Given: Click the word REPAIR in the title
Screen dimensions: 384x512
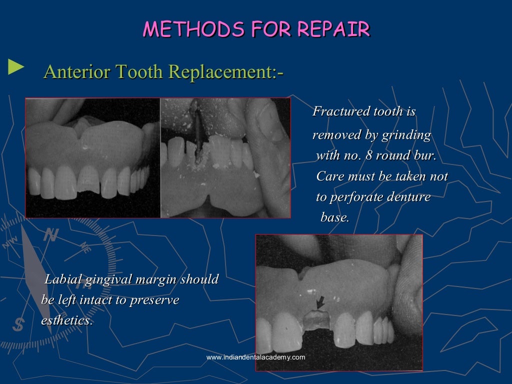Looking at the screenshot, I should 333,29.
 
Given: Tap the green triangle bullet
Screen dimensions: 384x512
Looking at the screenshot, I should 15,67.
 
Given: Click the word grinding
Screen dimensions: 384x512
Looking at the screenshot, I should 406,135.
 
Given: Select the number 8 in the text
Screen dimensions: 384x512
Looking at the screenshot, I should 369,155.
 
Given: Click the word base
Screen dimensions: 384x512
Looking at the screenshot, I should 334,217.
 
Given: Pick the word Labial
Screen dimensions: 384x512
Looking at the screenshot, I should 63,279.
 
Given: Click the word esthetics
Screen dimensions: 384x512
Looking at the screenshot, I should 66,320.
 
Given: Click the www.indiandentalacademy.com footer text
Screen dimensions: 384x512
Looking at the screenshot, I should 255,357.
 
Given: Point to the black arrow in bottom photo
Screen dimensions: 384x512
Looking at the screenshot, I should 320,302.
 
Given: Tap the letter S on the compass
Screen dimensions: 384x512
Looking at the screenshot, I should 18,325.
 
